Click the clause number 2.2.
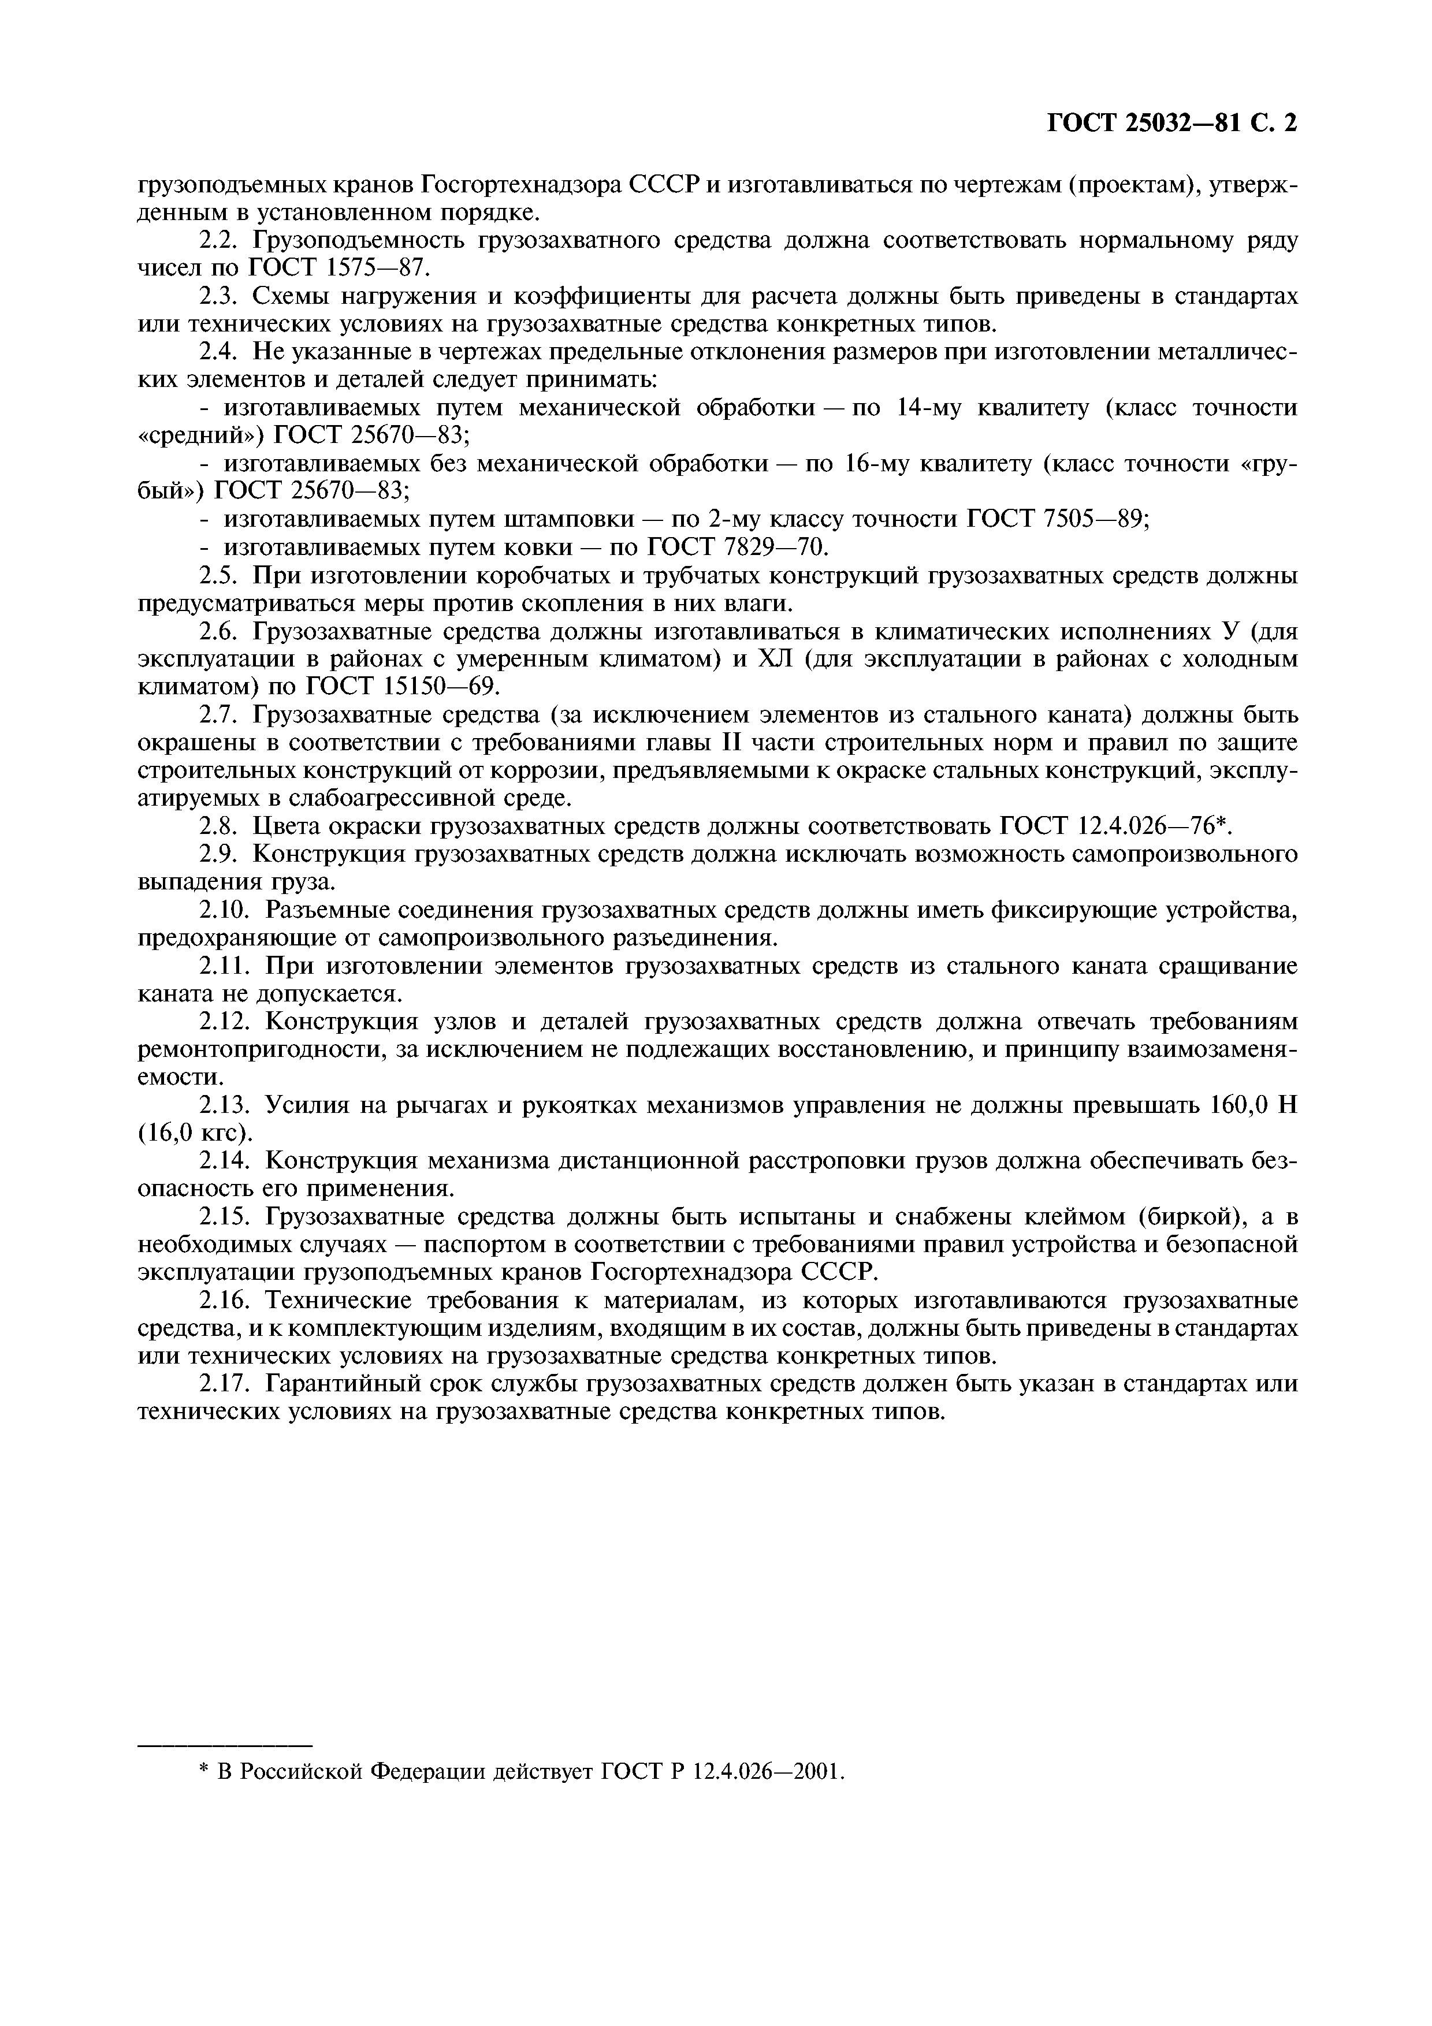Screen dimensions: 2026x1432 point(220,241)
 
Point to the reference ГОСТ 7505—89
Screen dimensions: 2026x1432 point(1059,520)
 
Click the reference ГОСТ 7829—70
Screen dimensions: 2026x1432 point(737,548)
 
